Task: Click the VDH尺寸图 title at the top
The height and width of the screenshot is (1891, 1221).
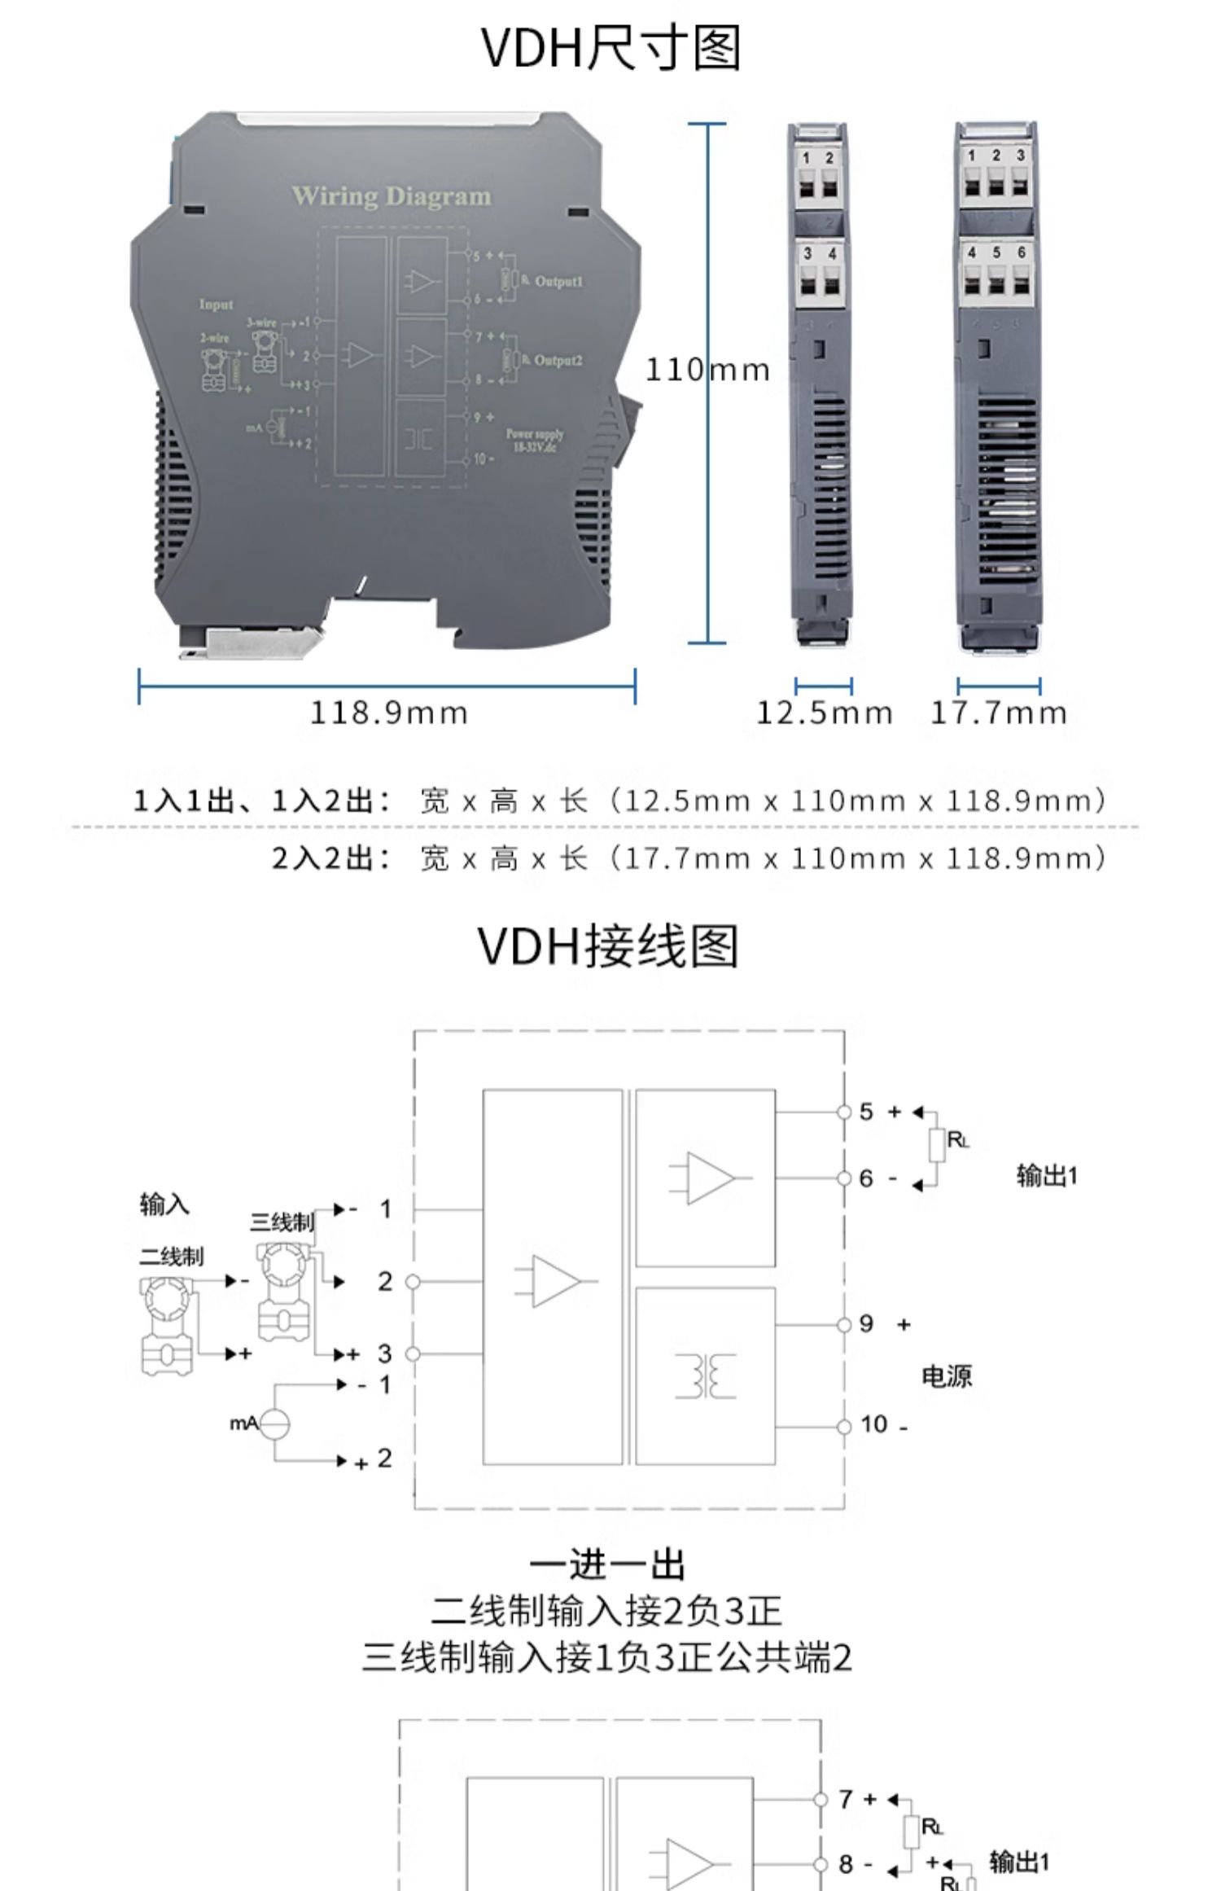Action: tap(610, 49)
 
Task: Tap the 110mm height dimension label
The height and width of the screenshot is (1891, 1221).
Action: tap(707, 371)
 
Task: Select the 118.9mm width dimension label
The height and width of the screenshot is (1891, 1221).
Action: tap(389, 713)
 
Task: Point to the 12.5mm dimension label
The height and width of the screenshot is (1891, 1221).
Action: tap(824, 713)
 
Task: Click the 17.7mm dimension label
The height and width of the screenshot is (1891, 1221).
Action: tap(998, 713)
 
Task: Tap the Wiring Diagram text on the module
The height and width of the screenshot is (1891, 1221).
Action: tap(392, 196)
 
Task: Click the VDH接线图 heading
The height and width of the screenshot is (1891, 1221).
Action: tap(608, 946)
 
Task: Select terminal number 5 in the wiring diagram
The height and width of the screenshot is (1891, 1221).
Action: tap(866, 1112)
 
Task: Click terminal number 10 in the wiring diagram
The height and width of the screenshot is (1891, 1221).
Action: tap(873, 1424)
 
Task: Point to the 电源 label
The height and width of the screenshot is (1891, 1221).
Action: tap(947, 1376)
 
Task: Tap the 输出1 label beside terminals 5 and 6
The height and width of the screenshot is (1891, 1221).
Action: tap(1046, 1175)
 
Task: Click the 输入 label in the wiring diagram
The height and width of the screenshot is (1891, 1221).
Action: tap(164, 1204)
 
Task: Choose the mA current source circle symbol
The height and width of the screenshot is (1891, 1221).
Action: tap(275, 1423)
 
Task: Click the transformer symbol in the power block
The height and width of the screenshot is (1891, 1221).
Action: tap(705, 1375)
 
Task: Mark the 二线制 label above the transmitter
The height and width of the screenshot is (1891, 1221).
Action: tap(171, 1257)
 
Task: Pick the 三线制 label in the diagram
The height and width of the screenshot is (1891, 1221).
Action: tap(282, 1222)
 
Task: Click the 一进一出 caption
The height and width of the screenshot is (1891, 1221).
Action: tap(608, 1564)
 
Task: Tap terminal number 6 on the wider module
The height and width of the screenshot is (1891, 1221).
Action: tap(1021, 252)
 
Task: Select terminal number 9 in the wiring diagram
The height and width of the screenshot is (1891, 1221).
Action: tap(866, 1324)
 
